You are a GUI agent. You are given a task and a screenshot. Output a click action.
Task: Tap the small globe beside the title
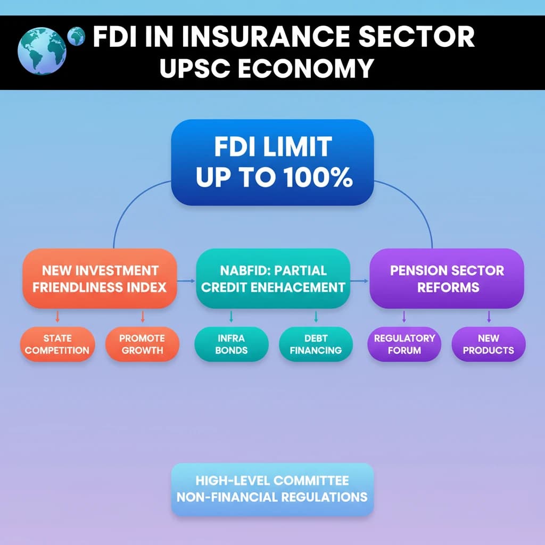77,36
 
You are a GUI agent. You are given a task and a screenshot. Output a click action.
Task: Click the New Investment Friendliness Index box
100,278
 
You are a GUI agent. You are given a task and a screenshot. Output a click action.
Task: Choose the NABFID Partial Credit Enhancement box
273,278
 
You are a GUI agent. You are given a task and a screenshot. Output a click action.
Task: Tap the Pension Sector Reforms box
447,278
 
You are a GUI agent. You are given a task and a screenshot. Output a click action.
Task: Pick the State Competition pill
57,344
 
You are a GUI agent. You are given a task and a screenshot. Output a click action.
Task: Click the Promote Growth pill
142,344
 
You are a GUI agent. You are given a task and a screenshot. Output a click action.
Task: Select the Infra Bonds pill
232,344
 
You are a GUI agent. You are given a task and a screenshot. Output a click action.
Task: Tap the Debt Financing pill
316,344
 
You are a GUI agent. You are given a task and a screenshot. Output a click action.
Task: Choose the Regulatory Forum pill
404,344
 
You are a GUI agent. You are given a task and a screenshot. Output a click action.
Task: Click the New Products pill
489,344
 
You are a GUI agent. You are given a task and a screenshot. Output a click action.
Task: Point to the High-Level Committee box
272,489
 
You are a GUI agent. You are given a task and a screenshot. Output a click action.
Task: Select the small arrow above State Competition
57,318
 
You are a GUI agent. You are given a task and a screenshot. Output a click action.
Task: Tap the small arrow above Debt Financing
316,318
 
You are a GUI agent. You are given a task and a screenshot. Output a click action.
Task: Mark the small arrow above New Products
489,318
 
